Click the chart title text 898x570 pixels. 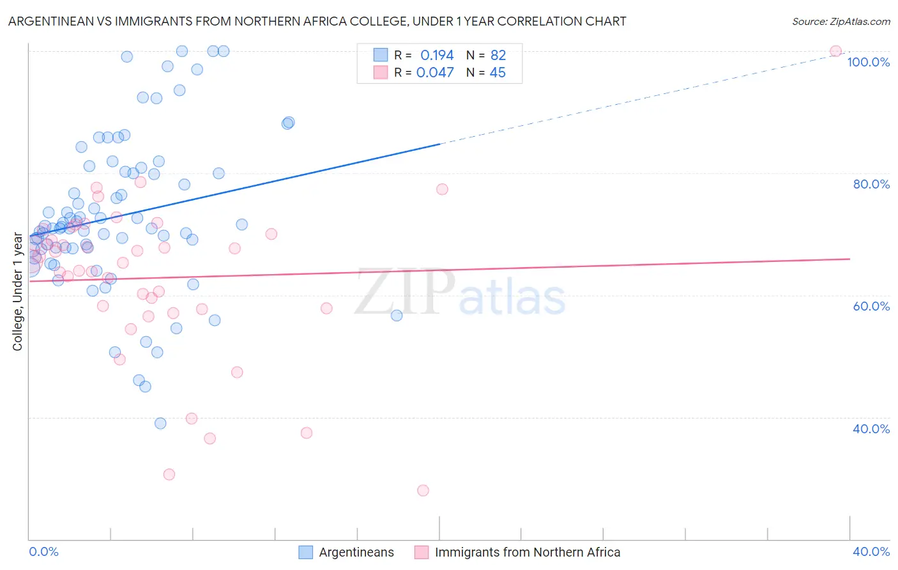tap(317, 21)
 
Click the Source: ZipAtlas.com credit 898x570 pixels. tap(841, 21)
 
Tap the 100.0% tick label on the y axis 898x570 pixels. tap(868, 62)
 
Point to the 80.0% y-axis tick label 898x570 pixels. tap(871, 184)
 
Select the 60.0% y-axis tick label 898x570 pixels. tap(871, 306)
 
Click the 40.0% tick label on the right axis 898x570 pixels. tap(871, 429)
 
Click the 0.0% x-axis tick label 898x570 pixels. tap(43, 551)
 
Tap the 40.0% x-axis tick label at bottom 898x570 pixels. tap(871, 551)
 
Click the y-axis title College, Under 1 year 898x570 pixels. tap(18, 291)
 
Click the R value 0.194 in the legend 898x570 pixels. tap(437, 56)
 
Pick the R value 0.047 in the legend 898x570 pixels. tap(435, 73)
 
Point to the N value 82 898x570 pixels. tap(498, 56)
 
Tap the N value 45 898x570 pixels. tap(498, 73)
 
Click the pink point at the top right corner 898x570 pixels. tap(835, 51)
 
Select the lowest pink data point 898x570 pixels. tap(423, 491)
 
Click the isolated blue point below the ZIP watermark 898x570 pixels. tap(397, 315)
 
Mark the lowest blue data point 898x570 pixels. tap(160, 424)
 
